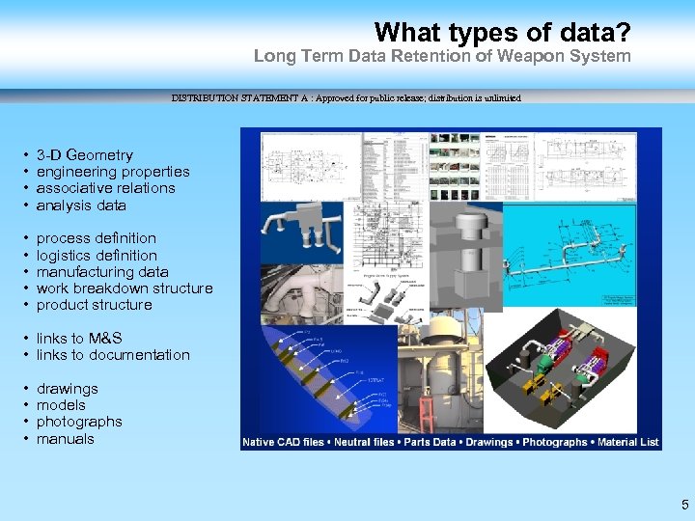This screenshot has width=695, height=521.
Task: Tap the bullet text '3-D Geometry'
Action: [x=84, y=154]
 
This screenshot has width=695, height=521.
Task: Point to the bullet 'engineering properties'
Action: [x=112, y=172]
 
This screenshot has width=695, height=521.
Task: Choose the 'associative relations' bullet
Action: [x=105, y=188]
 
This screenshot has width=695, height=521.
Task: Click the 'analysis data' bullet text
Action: [x=81, y=206]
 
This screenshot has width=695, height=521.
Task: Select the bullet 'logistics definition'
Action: [x=97, y=256]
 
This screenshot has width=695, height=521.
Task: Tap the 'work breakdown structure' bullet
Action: [x=124, y=288]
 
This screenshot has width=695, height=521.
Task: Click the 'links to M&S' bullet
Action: [x=79, y=339]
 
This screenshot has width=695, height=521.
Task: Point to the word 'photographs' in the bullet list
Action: [x=79, y=422]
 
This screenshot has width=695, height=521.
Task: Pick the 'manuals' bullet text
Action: [x=66, y=439]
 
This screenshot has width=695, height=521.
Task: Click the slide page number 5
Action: [x=684, y=504]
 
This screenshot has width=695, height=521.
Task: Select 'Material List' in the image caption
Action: [x=626, y=442]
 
